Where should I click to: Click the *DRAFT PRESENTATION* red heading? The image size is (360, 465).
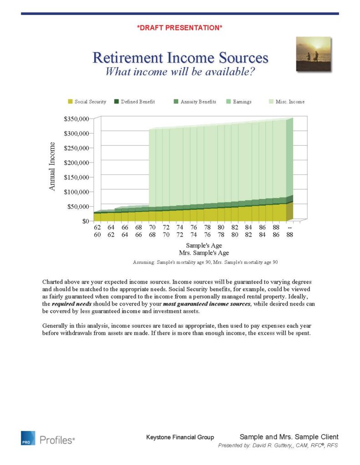point(180,28)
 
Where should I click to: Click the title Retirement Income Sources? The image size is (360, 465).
point(180,58)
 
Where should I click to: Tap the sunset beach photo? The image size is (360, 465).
point(313,54)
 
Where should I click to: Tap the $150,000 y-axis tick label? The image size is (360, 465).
point(75,177)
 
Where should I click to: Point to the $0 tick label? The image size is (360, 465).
point(85,221)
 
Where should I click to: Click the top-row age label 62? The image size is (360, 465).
point(97,227)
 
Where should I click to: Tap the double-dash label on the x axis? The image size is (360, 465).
point(290,227)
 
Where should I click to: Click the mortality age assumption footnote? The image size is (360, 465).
point(205,262)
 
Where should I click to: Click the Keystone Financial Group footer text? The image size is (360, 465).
point(180,437)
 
